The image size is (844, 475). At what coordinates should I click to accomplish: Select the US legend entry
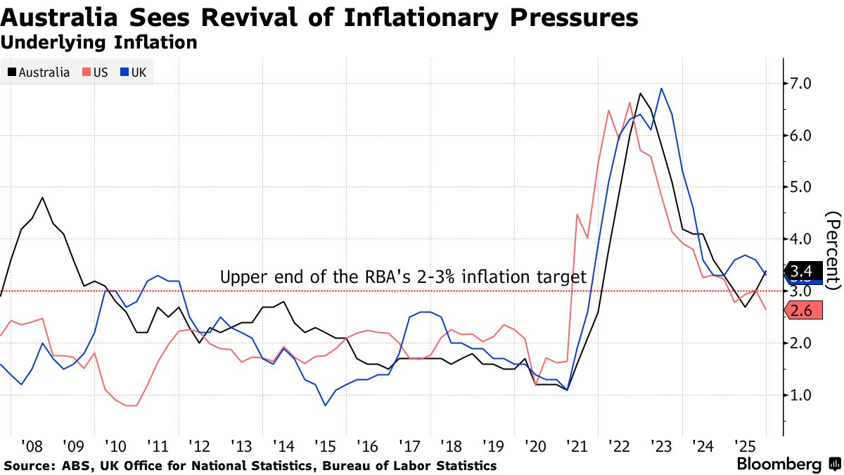96,72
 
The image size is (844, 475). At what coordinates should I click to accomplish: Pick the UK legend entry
138,72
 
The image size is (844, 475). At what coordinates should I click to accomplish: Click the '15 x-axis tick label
325,445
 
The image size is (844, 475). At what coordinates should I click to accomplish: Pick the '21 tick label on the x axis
578,445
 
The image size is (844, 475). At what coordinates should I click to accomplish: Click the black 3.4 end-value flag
802,271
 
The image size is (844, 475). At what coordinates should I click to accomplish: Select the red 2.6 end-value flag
802,310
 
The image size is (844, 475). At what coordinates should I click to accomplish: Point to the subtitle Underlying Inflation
98,42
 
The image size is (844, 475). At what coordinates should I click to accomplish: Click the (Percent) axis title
833,250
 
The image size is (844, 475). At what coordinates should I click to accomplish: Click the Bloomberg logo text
779,464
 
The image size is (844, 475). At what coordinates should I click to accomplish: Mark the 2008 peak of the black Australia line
43,197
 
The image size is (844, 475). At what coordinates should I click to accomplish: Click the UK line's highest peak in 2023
661,89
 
